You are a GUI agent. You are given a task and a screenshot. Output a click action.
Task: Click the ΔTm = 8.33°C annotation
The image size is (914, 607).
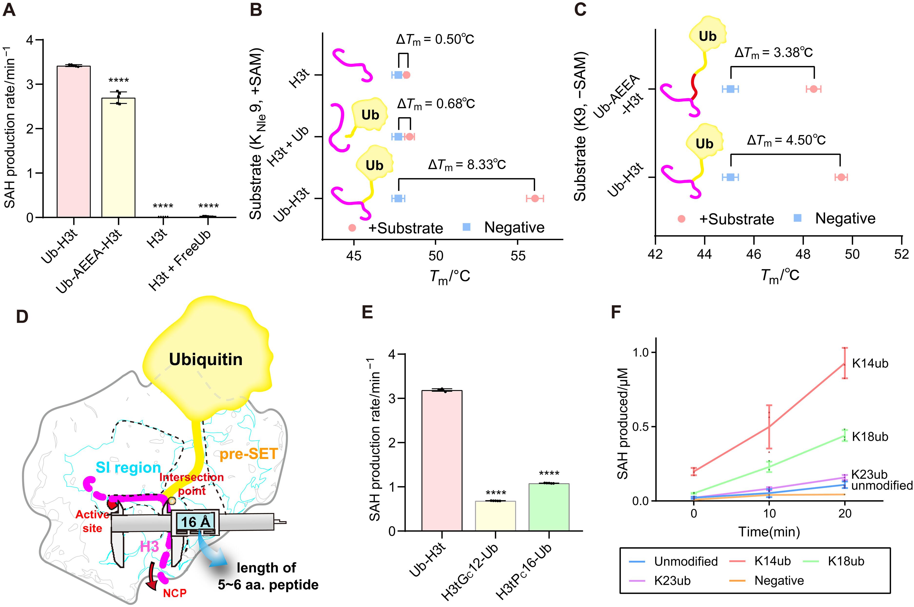(x=467, y=165)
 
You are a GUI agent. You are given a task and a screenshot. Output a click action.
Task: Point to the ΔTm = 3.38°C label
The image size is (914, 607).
(x=773, y=53)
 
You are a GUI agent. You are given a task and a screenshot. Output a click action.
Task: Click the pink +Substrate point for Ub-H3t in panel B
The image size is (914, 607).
(x=535, y=199)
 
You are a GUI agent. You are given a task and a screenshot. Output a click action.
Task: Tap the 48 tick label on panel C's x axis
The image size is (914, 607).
(x=803, y=254)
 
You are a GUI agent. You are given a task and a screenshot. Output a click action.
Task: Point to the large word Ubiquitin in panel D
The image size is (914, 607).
(x=206, y=359)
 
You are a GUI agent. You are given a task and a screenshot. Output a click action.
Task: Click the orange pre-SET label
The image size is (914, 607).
(x=248, y=454)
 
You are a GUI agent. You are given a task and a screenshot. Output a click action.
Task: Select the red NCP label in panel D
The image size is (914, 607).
(x=175, y=593)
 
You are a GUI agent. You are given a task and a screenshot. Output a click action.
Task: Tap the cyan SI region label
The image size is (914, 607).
(x=128, y=468)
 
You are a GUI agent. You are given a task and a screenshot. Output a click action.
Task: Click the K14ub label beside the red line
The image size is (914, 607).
(x=870, y=363)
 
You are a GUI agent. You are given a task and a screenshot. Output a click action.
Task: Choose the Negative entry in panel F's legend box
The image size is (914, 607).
(x=779, y=581)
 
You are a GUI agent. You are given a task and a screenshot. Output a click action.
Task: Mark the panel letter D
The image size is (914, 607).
(x=22, y=317)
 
